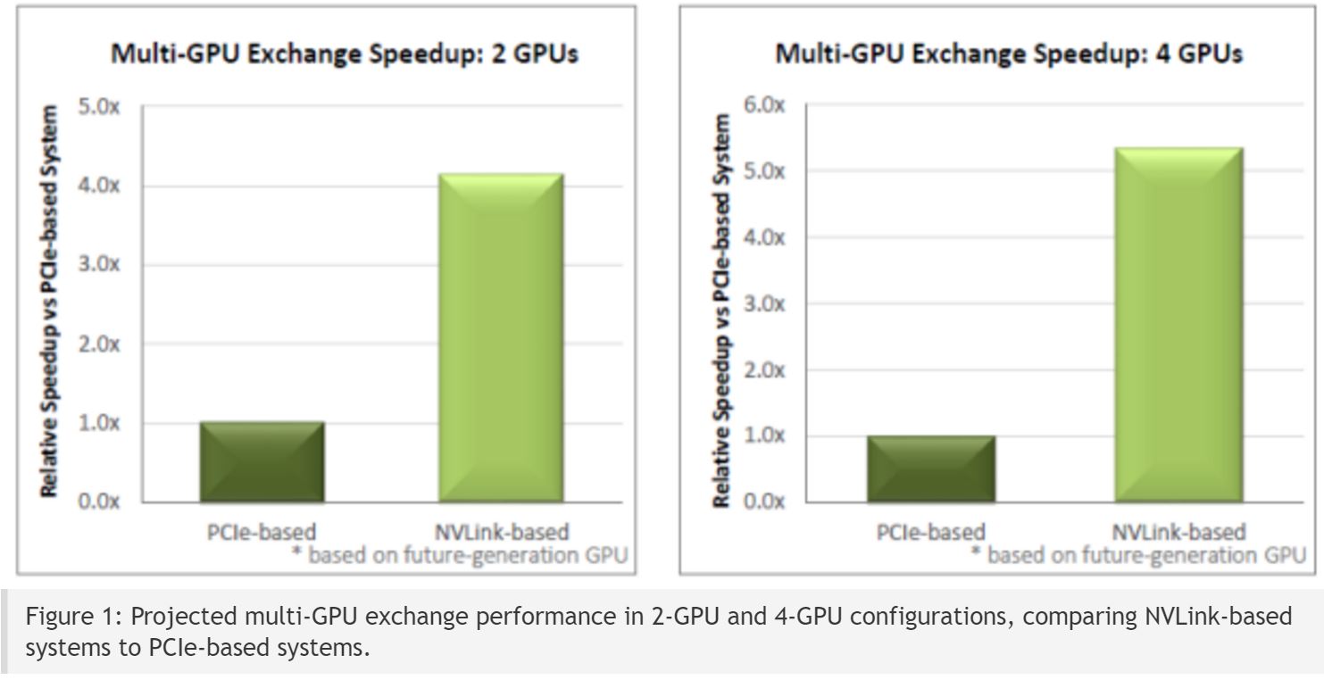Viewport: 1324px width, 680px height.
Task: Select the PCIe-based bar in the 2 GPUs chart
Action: click(x=262, y=461)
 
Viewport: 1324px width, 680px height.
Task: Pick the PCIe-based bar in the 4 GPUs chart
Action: click(x=931, y=469)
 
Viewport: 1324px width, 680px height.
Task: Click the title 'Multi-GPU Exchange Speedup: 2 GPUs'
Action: click(x=344, y=54)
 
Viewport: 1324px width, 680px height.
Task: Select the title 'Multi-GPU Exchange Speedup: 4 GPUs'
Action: click(x=1008, y=54)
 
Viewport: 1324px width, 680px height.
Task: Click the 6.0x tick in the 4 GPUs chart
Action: click(x=766, y=104)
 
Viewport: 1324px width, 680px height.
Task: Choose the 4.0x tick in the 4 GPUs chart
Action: click(x=766, y=237)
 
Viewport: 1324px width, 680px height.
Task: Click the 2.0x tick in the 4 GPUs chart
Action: click(x=766, y=369)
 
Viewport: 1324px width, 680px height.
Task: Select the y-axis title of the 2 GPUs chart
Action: click(x=50, y=302)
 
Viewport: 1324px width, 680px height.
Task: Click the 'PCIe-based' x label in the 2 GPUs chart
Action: click(x=259, y=533)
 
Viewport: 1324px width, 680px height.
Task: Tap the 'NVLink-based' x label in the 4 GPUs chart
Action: click(x=1178, y=533)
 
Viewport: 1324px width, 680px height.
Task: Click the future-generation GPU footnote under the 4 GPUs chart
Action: click(x=1138, y=555)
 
